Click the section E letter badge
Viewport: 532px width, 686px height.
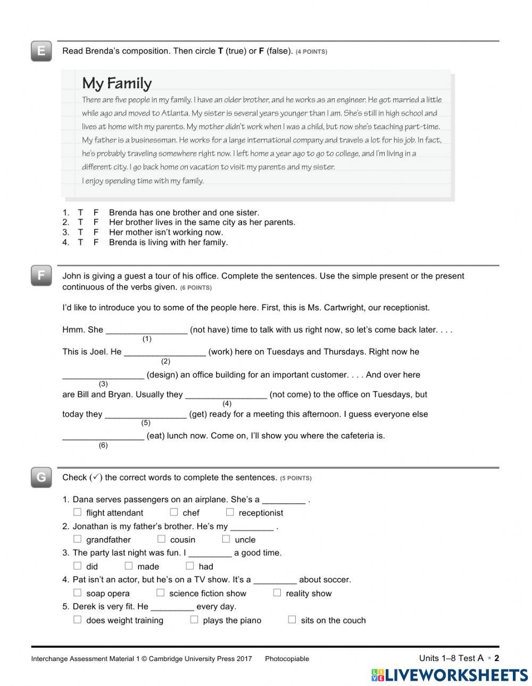(x=41, y=52)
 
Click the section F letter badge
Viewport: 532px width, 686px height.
(x=41, y=276)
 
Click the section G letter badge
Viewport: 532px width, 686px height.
(x=41, y=477)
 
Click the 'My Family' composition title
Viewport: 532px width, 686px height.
(x=117, y=83)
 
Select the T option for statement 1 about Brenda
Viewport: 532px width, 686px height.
(x=80, y=213)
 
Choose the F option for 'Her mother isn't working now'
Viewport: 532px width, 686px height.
(x=96, y=232)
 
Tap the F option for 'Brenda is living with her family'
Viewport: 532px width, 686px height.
(x=96, y=242)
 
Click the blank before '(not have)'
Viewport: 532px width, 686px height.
(x=147, y=330)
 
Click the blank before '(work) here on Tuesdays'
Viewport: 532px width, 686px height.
(x=165, y=352)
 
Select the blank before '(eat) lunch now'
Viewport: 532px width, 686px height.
(x=103, y=436)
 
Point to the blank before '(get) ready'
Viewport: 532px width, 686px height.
(x=146, y=414)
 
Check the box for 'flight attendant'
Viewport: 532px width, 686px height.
(x=78, y=512)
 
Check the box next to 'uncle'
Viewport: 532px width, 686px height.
(x=226, y=539)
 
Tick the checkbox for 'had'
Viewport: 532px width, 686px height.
(x=190, y=566)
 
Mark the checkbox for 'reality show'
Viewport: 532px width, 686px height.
(x=277, y=592)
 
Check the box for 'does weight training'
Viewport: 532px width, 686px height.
(x=78, y=620)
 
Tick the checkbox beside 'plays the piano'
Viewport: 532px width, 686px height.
(x=194, y=620)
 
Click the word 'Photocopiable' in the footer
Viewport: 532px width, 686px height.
(x=287, y=659)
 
